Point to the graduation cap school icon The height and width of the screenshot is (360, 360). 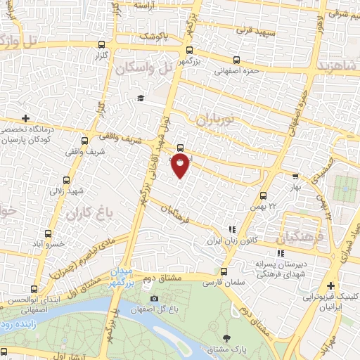[x=141, y=98]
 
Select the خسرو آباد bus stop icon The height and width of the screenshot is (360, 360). [x=48, y=233]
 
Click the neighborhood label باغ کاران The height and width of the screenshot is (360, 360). [x=85, y=212]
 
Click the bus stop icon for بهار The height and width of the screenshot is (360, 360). [x=295, y=178]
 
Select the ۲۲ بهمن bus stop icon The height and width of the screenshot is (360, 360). [x=263, y=196]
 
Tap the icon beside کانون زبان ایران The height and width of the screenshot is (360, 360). [x=231, y=229]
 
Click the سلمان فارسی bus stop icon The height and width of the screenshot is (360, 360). [x=224, y=271]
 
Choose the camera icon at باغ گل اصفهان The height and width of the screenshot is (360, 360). [x=154, y=298]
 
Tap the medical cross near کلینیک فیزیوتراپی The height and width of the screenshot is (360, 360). [x=331, y=285]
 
